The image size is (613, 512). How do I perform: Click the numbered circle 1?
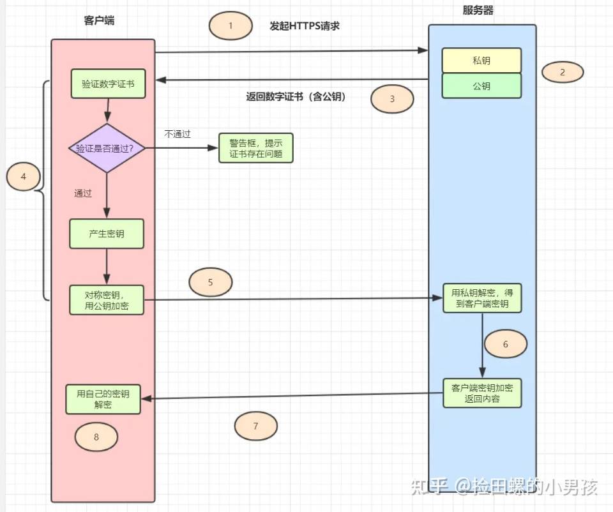tap(231, 26)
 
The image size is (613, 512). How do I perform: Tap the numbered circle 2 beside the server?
tap(563, 72)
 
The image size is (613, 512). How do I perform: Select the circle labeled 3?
tap(392, 99)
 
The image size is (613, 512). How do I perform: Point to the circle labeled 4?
tap(24, 177)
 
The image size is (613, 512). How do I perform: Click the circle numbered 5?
tap(211, 282)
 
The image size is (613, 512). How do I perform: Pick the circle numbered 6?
tap(506, 344)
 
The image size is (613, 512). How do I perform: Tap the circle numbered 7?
tap(256, 426)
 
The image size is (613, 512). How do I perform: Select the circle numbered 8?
tap(96, 437)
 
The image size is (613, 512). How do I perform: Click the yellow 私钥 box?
tap(481, 61)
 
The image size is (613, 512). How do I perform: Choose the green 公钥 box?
tap(481, 86)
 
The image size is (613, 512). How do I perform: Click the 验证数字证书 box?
tap(108, 84)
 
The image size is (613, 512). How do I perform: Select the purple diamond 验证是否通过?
tap(107, 148)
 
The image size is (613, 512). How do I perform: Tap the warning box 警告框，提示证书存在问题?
tap(255, 148)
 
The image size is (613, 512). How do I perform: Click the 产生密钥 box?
tap(107, 234)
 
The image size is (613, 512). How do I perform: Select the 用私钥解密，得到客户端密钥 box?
tap(482, 298)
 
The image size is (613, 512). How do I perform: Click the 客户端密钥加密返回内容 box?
tap(482, 393)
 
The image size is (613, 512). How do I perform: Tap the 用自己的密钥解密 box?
tap(103, 399)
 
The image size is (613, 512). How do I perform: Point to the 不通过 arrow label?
tap(178, 134)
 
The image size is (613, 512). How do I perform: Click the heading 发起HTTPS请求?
tap(304, 26)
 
